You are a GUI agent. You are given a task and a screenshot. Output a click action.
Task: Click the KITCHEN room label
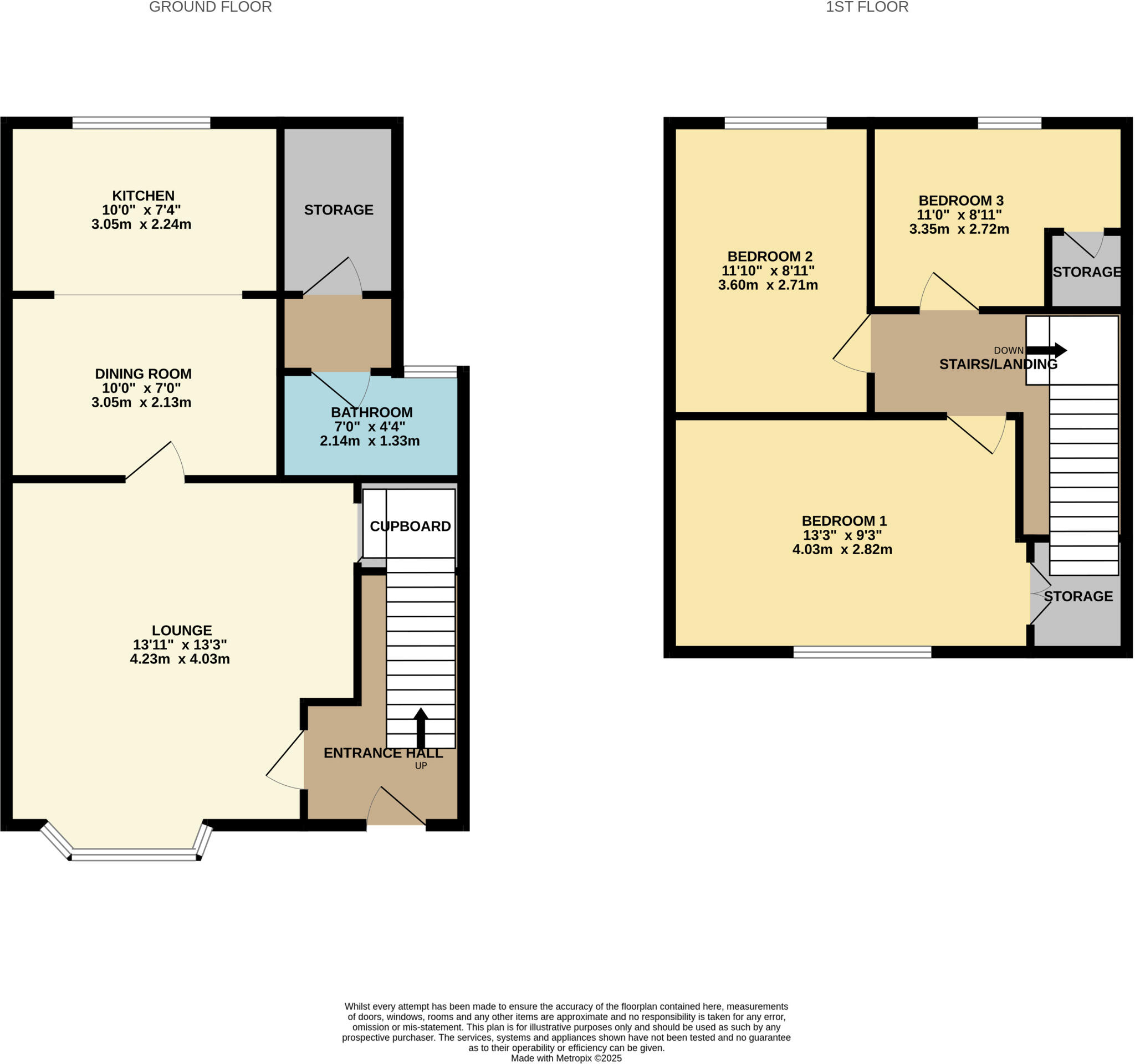click(143, 196)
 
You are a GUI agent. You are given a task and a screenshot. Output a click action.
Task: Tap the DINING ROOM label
click(143, 374)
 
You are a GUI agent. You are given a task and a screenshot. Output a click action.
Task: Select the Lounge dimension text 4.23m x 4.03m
click(180, 659)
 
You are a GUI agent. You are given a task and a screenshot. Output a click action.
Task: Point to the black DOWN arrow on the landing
click(1046, 350)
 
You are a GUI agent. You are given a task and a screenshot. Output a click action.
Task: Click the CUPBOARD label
click(410, 526)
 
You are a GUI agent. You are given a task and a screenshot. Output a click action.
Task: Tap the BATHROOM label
click(372, 412)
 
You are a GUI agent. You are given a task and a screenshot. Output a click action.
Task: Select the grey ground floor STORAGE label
click(339, 210)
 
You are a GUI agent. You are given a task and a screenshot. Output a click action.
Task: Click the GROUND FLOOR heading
click(210, 7)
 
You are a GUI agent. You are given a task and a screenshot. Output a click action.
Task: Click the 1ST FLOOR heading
click(867, 7)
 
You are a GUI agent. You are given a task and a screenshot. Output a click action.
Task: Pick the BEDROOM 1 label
click(844, 520)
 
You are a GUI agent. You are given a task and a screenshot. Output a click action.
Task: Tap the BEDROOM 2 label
click(770, 256)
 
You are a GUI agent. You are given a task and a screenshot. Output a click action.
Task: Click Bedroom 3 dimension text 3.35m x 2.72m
click(959, 229)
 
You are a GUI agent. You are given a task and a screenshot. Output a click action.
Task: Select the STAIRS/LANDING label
click(998, 364)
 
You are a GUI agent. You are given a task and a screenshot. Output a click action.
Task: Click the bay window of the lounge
click(135, 854)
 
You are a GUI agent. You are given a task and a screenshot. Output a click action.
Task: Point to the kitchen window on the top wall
click(141, 122)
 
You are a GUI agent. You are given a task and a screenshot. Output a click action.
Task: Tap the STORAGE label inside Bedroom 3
click(1086, 272)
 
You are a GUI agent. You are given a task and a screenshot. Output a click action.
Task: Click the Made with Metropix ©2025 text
click(566, 1058)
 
